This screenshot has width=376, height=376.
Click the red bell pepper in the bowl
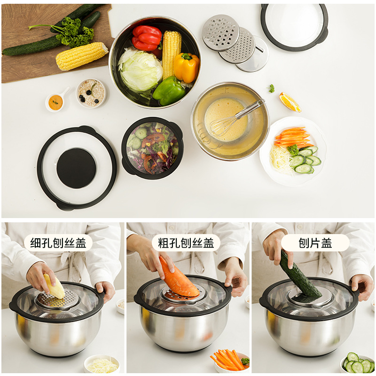tap(147, 37)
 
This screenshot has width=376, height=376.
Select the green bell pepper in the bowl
tap(168, 90)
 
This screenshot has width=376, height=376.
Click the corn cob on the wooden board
tap(81, 55)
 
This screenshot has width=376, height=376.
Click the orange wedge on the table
tap(290, 102)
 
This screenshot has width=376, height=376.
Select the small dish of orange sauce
tap(55, 102)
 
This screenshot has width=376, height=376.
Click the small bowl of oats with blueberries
tap(91, 92)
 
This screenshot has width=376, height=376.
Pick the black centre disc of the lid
tap(76, 168)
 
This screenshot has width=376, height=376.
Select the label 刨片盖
tap(315, 243)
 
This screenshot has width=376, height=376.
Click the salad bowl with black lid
tap(152, 148)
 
